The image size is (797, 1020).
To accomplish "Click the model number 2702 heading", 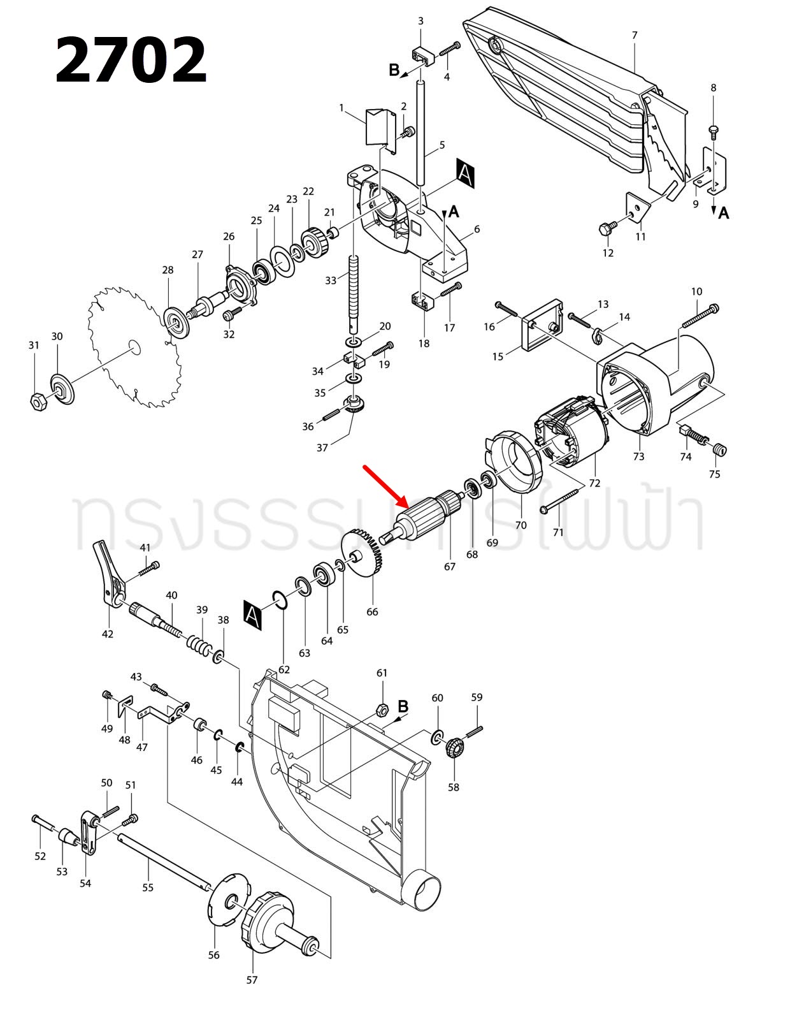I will [x=131, y=61].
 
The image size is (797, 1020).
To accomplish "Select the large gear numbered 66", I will [x=362, y=555].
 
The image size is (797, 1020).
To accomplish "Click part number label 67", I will [x=450, y=566].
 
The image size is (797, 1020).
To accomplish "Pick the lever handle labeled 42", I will [x=108, y=574].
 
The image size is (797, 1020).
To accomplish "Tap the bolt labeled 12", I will [x=607, y=228].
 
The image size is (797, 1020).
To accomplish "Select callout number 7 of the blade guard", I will [x=634, y=35].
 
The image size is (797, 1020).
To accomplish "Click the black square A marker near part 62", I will [x=252, y=615].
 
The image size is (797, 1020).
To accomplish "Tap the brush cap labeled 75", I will [x=719, y=450].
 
